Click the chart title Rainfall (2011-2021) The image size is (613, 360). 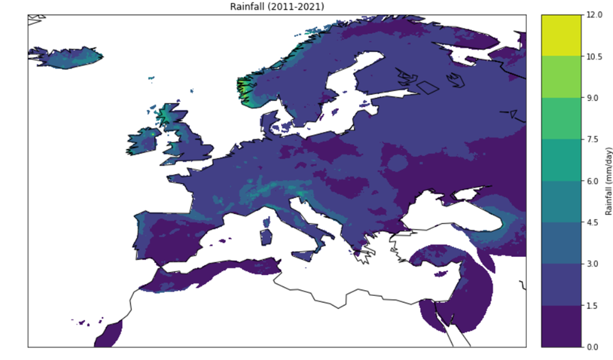[x=277, y=6]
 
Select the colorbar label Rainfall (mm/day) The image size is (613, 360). [x=608, y=181]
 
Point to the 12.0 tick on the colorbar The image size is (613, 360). [x=594, y=14]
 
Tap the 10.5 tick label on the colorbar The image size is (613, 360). [x=594, y=56]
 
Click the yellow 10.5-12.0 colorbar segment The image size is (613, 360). [x=561, y=35]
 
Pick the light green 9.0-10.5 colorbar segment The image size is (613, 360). [x=561, y=77]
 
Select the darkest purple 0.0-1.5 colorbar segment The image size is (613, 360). [x=561, y=326]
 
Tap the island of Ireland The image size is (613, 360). [x=143, y=142]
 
